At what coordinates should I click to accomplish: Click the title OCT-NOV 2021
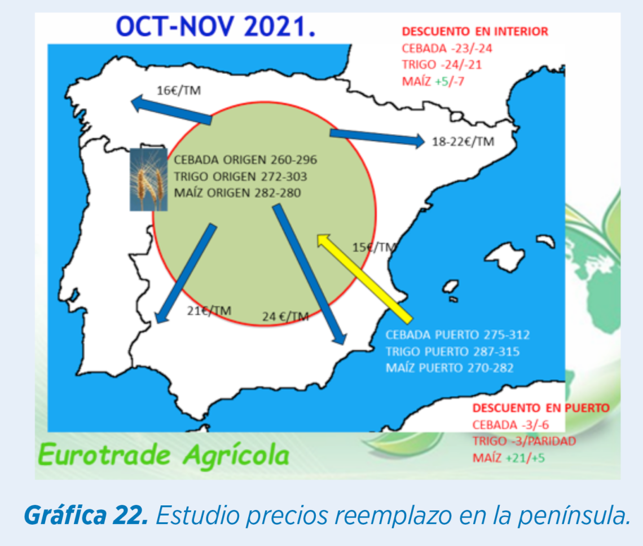(215, 27)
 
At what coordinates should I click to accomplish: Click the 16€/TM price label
(179, 90)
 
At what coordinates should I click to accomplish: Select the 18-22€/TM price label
(463, 142)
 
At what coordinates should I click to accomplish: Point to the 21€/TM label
(209, 311)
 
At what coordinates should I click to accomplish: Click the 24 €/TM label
(285, 316)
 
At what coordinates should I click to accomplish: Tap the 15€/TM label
(375, 247)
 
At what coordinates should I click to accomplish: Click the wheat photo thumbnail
(148, 180)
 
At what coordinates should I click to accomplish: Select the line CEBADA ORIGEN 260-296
(245, 160)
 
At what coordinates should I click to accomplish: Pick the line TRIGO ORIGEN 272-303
(240, 177)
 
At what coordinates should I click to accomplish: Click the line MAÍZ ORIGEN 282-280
(237, 193)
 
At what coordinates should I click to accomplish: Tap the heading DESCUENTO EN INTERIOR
(475, 32)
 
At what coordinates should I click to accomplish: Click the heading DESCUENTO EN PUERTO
(541, 408)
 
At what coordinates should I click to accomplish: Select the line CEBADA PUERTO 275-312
(457, 334)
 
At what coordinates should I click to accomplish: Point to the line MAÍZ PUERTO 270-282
(450, 368)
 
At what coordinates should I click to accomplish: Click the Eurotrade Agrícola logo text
(164, 455)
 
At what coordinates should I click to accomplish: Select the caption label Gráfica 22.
(86, 515)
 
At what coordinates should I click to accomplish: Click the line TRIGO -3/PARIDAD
(524, 442)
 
